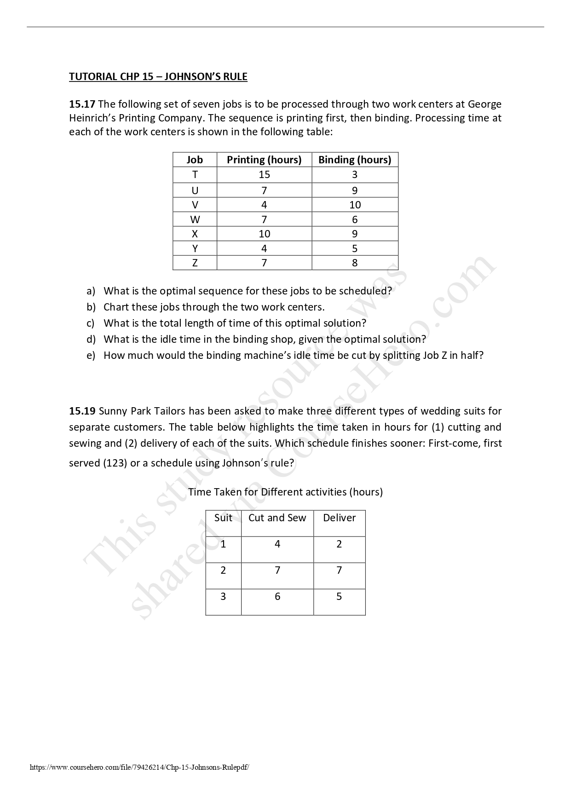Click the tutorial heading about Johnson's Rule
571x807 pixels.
coord(158,76)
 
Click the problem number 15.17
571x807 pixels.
coord(82,104)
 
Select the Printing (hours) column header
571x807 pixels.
coord(264,160)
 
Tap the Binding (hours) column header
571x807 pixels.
coord(355,160)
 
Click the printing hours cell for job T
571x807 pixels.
coord(264,174)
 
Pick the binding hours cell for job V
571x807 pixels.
coord(355,205)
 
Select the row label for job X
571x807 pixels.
coord(195,234)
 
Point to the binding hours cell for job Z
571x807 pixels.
coord(355,263)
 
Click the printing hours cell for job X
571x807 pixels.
coord(264,234)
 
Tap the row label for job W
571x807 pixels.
coord(195,219)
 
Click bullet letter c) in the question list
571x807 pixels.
coord(91,323)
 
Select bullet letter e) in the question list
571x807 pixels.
coord(91,355)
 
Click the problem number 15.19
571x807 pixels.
coord(82,411)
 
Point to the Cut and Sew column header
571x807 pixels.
coord(277,518)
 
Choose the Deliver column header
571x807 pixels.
coord(339,518)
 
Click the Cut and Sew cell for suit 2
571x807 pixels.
coord(277,571)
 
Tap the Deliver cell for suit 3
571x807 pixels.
coord(339,597)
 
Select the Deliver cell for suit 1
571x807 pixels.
coord(339,544)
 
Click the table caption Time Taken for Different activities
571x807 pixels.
coord(285,492)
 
